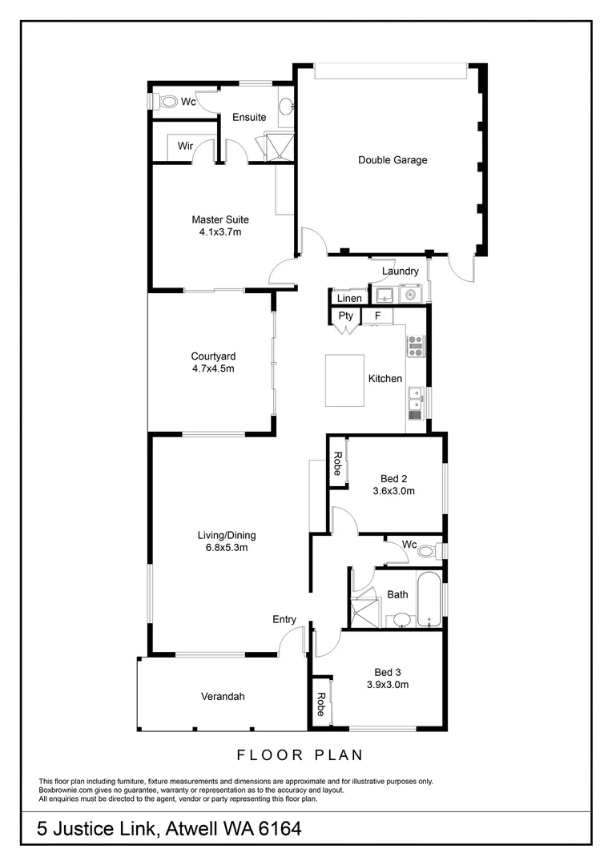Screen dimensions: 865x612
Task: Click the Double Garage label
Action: (x=392, y=160)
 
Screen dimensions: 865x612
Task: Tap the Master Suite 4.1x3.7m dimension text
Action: (x=219, y=232)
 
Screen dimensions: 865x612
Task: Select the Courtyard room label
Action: (x=212, y=356)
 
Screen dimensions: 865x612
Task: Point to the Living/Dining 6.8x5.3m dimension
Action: (x=226, y=549)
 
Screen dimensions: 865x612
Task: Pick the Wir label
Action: (x=185, y=146)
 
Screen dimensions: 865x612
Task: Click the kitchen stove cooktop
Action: (x=415, y=345)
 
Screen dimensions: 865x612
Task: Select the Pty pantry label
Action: (x=345, y=316)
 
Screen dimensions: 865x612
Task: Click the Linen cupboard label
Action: (x=348, y=299)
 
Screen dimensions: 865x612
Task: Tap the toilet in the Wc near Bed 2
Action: (x=428, y=551)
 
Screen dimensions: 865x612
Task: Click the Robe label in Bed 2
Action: (x=337, y=465)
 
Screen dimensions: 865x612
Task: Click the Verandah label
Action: (x=223, y=697)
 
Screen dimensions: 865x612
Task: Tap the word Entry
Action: (x=284, y=619)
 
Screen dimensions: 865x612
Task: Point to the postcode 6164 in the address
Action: (x=277, y=829)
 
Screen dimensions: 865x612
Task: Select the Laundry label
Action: (x=400, y=272)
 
